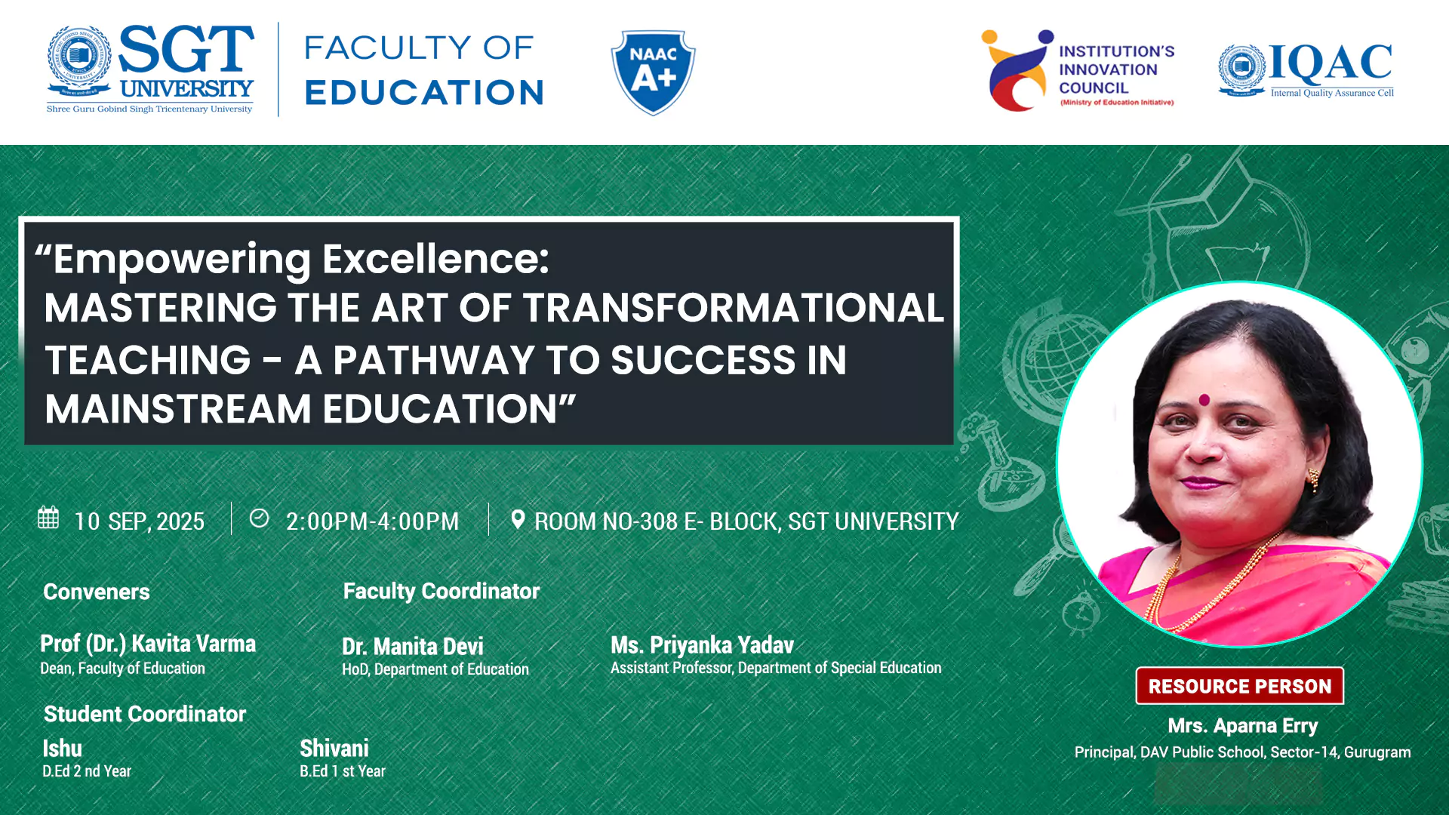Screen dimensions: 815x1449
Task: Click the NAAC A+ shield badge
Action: [x=653, y=72]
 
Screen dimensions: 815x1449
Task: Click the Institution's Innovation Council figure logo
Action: [x=1017, y=70]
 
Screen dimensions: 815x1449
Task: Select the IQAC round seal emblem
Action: [x=1241, y=69]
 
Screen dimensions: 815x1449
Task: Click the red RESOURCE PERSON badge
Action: [x=1239, y=686]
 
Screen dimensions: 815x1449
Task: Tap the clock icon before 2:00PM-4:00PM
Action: [x=259, y=518]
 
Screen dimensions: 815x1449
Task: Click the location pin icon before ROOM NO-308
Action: [x=518, y=519]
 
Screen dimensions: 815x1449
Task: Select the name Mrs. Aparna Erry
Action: [x=1242, y=726]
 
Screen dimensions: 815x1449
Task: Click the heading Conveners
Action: [x=97, y=592]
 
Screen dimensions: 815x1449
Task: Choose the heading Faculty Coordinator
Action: [x=441, y=591]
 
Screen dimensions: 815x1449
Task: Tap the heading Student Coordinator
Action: [x=145, y=714]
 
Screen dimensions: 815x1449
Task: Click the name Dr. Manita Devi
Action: [x=413, y=647]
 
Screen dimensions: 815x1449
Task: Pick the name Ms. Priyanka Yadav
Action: [x=702, y=645]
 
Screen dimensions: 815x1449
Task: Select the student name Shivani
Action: [x=334, y=749]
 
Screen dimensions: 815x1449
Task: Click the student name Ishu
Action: [x=62, y=749]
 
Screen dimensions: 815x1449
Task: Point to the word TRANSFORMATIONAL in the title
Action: [x=733, y=308]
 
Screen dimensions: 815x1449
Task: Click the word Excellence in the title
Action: [x=435, y=259]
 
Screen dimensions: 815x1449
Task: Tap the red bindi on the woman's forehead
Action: [x=1204, y=399]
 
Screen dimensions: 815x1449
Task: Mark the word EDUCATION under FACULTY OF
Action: [x=424, y=93]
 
